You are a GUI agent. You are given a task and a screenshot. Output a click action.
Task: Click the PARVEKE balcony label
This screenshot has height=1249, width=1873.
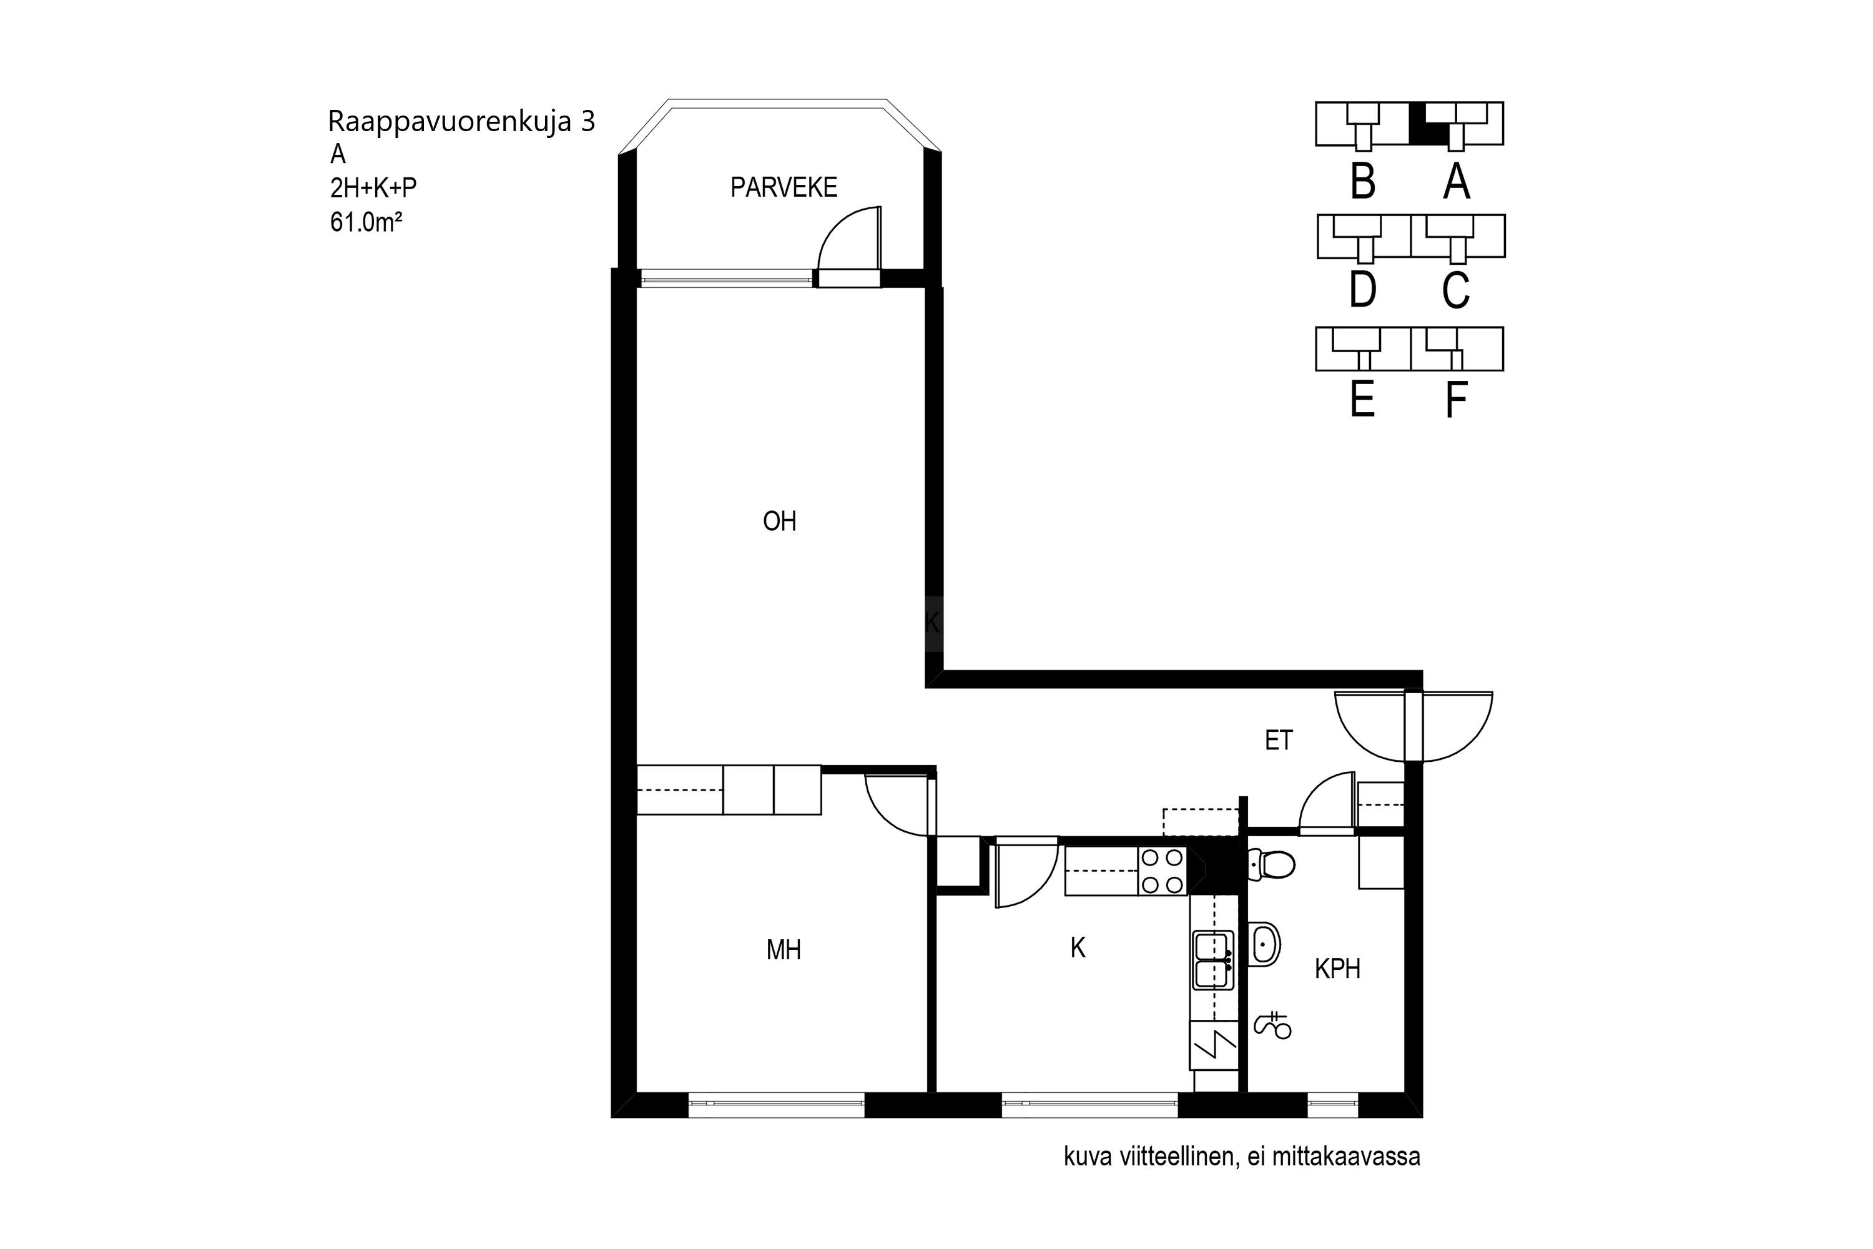pyautogui.click(x=784, y=187)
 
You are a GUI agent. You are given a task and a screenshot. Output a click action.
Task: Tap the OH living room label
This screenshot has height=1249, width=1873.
pyautogui.click(x=780, y=521)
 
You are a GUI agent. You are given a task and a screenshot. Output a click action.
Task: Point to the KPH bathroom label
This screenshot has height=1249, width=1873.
pyautogui.click(x=1337, y=969)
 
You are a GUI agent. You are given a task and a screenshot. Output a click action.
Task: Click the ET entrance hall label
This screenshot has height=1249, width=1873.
pyautogui.click(x=1279, y=741)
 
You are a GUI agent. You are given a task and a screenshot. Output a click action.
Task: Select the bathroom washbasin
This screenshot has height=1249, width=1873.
pyautogui.click(x=1265, y=945)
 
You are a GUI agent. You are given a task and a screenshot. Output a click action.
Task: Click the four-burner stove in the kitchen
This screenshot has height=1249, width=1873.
pyautogui.click(x=1162, y=871)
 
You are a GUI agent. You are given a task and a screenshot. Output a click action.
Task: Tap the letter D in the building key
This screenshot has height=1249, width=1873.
pyautogui.click(x=1362, y=289)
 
